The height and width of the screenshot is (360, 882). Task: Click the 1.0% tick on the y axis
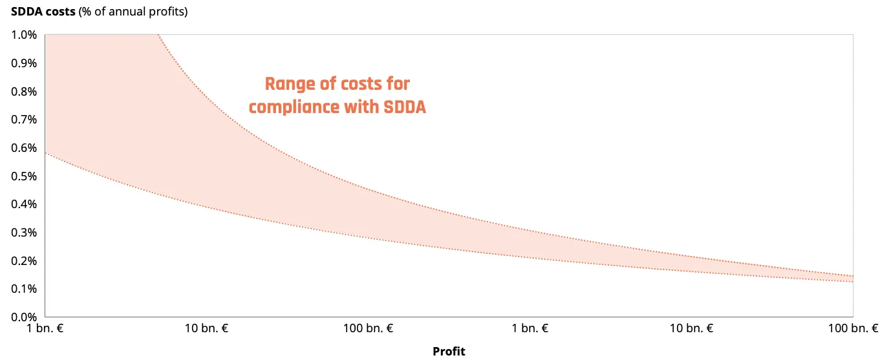pyautogui.click(x=24, y=35)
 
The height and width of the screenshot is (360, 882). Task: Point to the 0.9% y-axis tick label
pyautogui.click(x=24, y=63)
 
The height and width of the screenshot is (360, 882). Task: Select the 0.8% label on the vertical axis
pyautogui.click(x=24, y=92)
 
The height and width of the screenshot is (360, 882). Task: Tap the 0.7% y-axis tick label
pyautogui.click(x=24, y=120)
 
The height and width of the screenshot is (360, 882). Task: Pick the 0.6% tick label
pyautogui.click(x=24, y=148)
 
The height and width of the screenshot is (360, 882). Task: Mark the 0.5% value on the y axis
pyautogui.click(x=24, y=176)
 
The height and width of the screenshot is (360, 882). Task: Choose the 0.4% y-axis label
pyautogui.click(x=24, y=204)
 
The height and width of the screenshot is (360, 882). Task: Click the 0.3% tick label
pyautogui.click(x=24, y=233)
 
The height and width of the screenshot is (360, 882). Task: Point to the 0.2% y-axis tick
pyautogui.click(x=24, y=261)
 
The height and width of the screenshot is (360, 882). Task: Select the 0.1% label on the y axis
pyautogui.click(x=24, y=289)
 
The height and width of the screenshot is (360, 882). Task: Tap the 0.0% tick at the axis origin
pyautogui.click(x=24, y=317)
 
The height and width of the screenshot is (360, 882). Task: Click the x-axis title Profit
pyautogui.click(x=449, y=352)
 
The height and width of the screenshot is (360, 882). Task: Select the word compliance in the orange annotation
pyautogui.click(x=294, y=107)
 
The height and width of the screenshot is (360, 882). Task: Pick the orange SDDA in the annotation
pyautogui.click(x=405, y=107)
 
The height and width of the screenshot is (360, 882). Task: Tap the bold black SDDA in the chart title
pyautogui.click(x=27, y=12)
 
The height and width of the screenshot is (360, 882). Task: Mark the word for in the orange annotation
pyautogui.click(x=398, y=84)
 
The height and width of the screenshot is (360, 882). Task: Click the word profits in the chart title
pyautogui.click(x=166, y=12)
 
